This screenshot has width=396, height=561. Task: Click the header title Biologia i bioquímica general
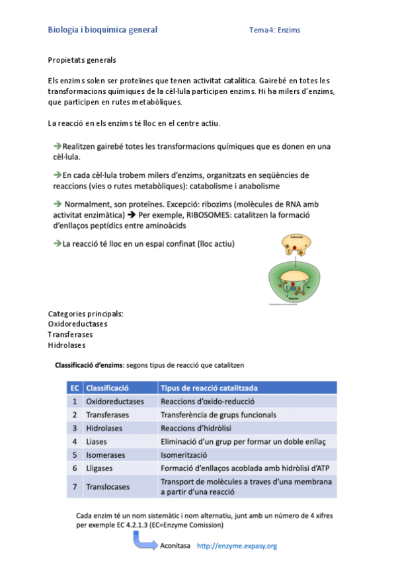102,30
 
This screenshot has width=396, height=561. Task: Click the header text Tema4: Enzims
275,30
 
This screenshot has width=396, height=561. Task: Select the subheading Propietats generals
82,60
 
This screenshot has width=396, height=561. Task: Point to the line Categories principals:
86,314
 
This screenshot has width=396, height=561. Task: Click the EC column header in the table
75,388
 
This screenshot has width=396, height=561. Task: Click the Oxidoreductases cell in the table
115,402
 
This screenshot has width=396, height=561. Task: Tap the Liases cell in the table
97,441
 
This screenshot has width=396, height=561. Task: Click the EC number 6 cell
75,468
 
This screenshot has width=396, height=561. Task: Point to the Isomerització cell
184,454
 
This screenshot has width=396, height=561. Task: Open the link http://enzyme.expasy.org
237,546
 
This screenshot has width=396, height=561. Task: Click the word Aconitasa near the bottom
175,546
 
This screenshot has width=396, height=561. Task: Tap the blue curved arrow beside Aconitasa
145,540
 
